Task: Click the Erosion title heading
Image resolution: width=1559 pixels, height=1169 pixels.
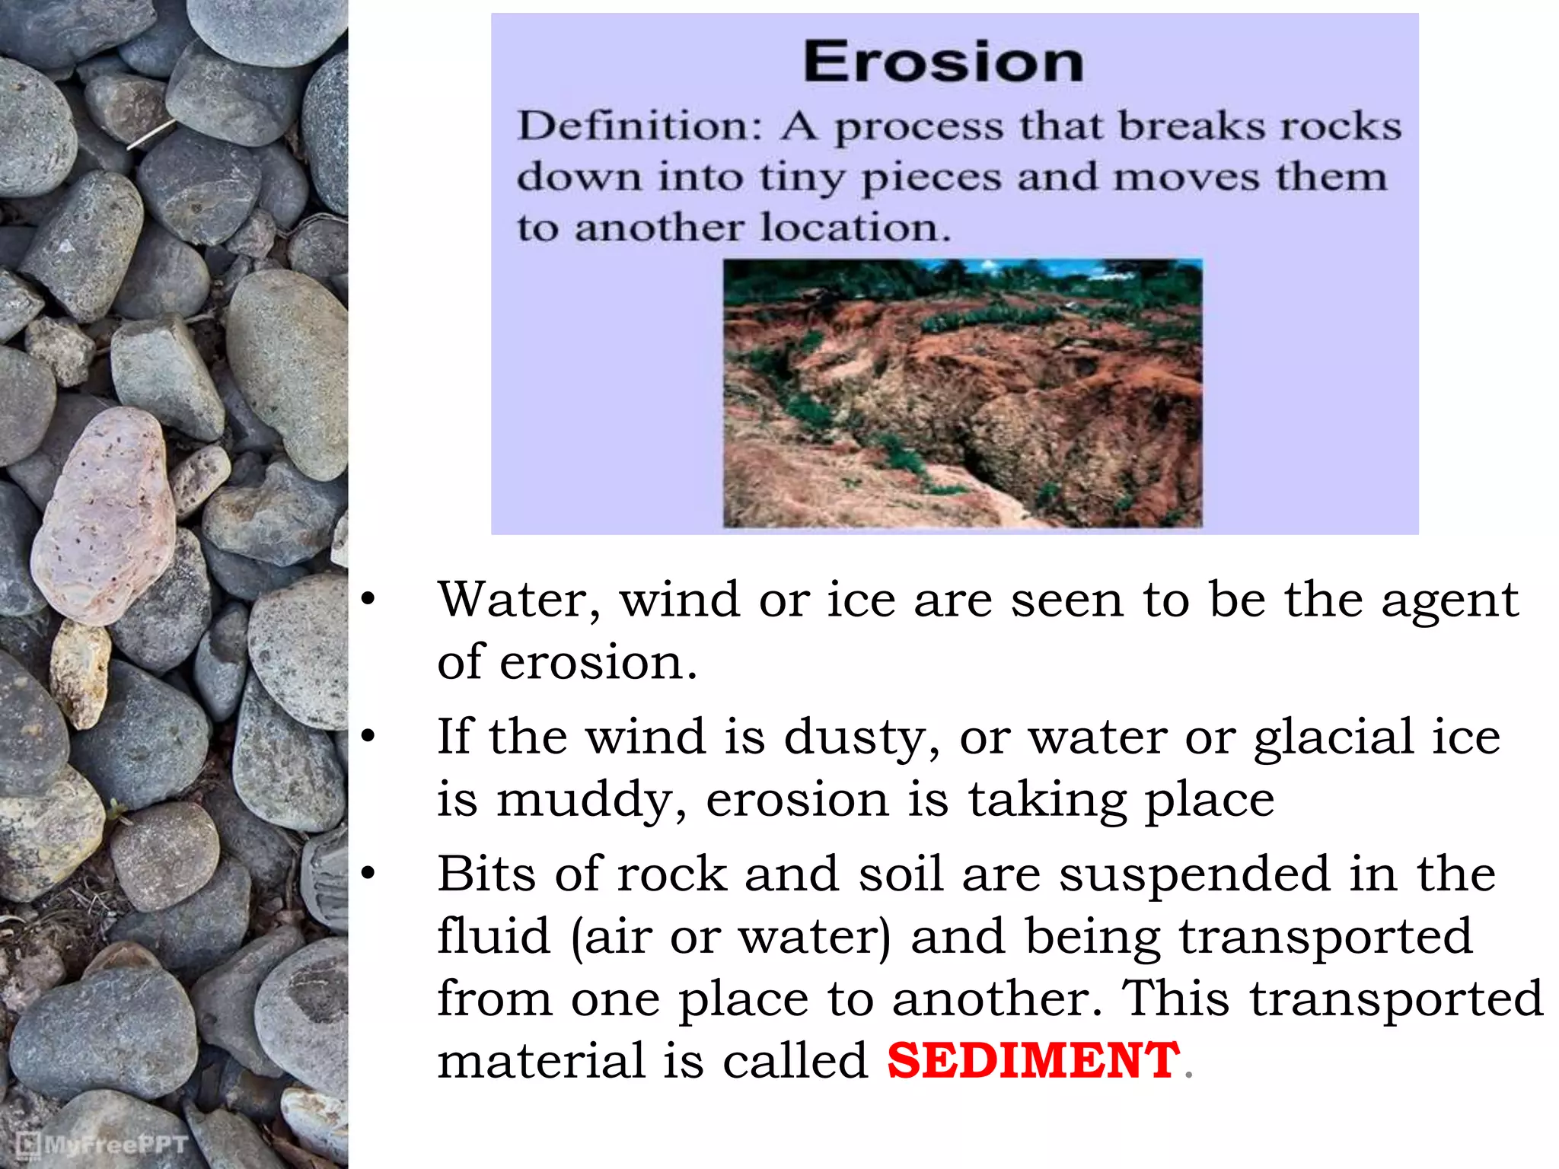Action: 944,62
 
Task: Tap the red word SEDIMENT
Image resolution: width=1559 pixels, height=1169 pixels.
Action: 1033,1060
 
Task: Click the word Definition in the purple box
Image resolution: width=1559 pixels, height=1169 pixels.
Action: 638,126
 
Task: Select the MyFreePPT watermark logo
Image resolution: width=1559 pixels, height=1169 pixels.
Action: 102,1144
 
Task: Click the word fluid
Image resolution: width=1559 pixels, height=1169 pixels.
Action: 493,936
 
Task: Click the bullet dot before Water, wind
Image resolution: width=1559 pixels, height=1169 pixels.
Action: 368,600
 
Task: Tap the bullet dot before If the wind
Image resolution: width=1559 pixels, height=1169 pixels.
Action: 368,737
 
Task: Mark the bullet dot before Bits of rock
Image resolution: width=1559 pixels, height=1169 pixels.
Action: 368,874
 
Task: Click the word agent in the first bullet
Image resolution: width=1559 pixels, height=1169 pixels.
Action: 1449,601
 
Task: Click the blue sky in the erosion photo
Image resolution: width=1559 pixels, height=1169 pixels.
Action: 1066,268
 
